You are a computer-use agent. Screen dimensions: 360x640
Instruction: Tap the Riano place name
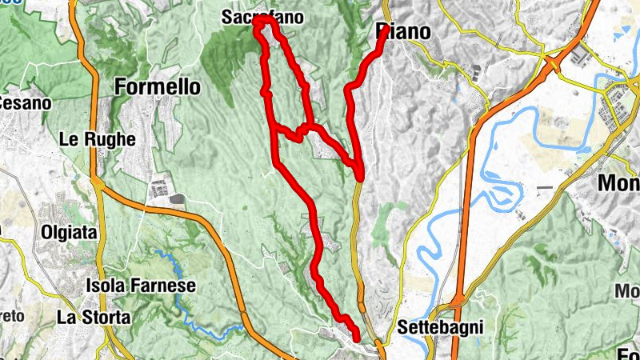pos(402,32)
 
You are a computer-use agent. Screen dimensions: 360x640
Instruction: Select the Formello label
pos(158,86)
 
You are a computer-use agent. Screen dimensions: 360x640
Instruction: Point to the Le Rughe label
pos(97,138)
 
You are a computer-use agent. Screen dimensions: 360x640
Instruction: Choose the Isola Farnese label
pos(140,286)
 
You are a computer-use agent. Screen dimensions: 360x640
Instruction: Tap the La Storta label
pos(94,317)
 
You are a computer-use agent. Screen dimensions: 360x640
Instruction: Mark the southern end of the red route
pos(355,341)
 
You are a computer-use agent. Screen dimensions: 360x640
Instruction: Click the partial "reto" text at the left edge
pos(11,315)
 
